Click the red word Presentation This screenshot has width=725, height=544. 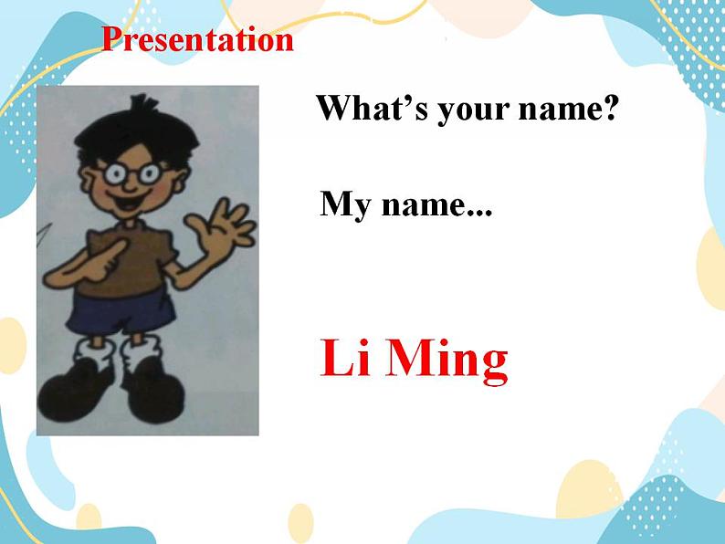197,40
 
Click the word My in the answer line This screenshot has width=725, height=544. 345,204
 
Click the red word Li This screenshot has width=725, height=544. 345,357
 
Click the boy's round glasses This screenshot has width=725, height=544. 131,173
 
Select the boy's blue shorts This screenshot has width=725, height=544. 121,312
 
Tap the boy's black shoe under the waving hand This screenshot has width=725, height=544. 155,391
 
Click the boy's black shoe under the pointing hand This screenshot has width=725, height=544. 74,392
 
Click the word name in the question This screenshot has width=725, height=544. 559,111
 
